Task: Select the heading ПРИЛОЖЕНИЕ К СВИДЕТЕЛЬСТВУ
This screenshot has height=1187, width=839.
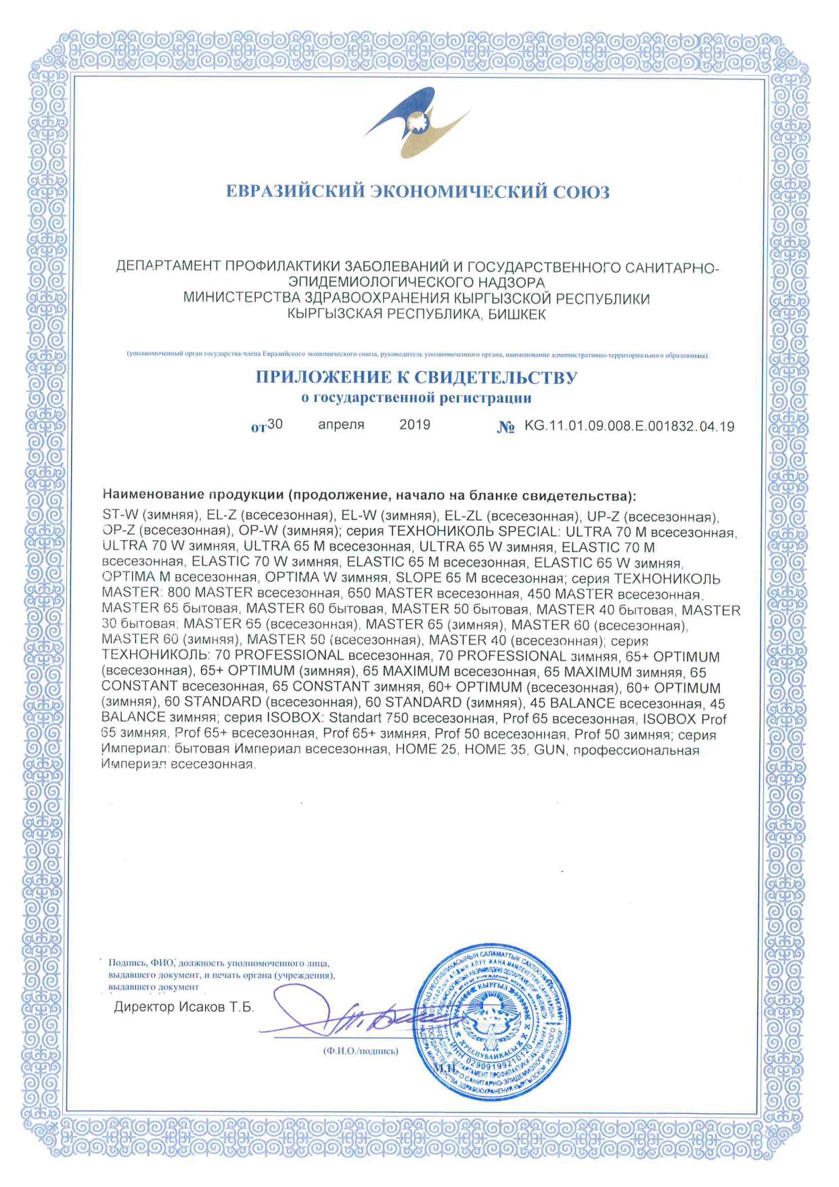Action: point(416,378)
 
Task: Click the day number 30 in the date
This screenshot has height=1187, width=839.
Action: point(275,424)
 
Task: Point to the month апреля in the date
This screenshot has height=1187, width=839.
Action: point(341,424)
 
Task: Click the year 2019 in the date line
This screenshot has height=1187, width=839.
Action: point(415,424)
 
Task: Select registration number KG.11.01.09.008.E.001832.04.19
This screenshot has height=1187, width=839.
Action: point(629,426)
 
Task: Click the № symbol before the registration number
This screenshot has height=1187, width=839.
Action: point(505,427)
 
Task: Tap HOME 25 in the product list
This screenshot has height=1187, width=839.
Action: point(426,750)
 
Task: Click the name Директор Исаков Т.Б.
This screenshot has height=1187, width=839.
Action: point(183,1007)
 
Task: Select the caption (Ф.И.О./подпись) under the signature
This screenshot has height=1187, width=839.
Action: point(361,1051)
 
